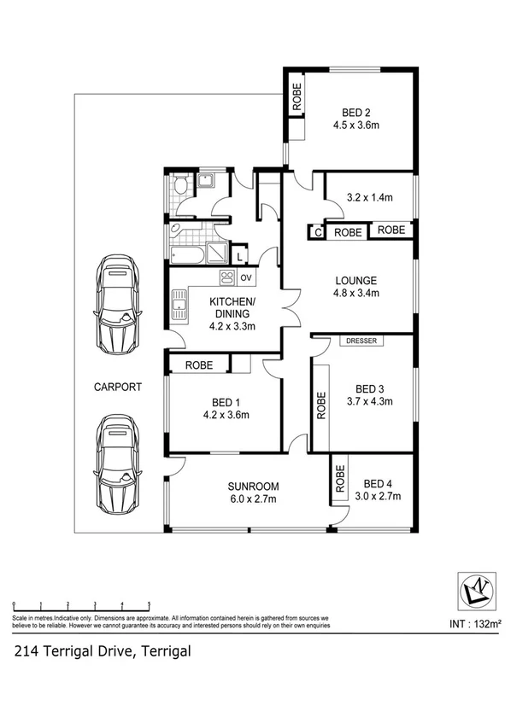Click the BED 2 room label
tap(355, 112)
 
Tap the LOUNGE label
tap(356, 281)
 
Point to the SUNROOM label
tap(253, 487)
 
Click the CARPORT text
tap(118, 387)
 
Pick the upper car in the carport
tap(118, 306)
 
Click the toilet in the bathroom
tap(179, 186)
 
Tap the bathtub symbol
tap(185, 254)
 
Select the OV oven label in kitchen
tap(245, 277)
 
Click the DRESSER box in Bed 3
tap(363, 341)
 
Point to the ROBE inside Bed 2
tap(297, 96)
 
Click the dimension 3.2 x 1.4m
tap(369, 198)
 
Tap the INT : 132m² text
tap(474, 624)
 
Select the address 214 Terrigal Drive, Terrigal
tap(102, 651)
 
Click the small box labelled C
tap(317, 231)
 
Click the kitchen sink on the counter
tap(179, 306)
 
